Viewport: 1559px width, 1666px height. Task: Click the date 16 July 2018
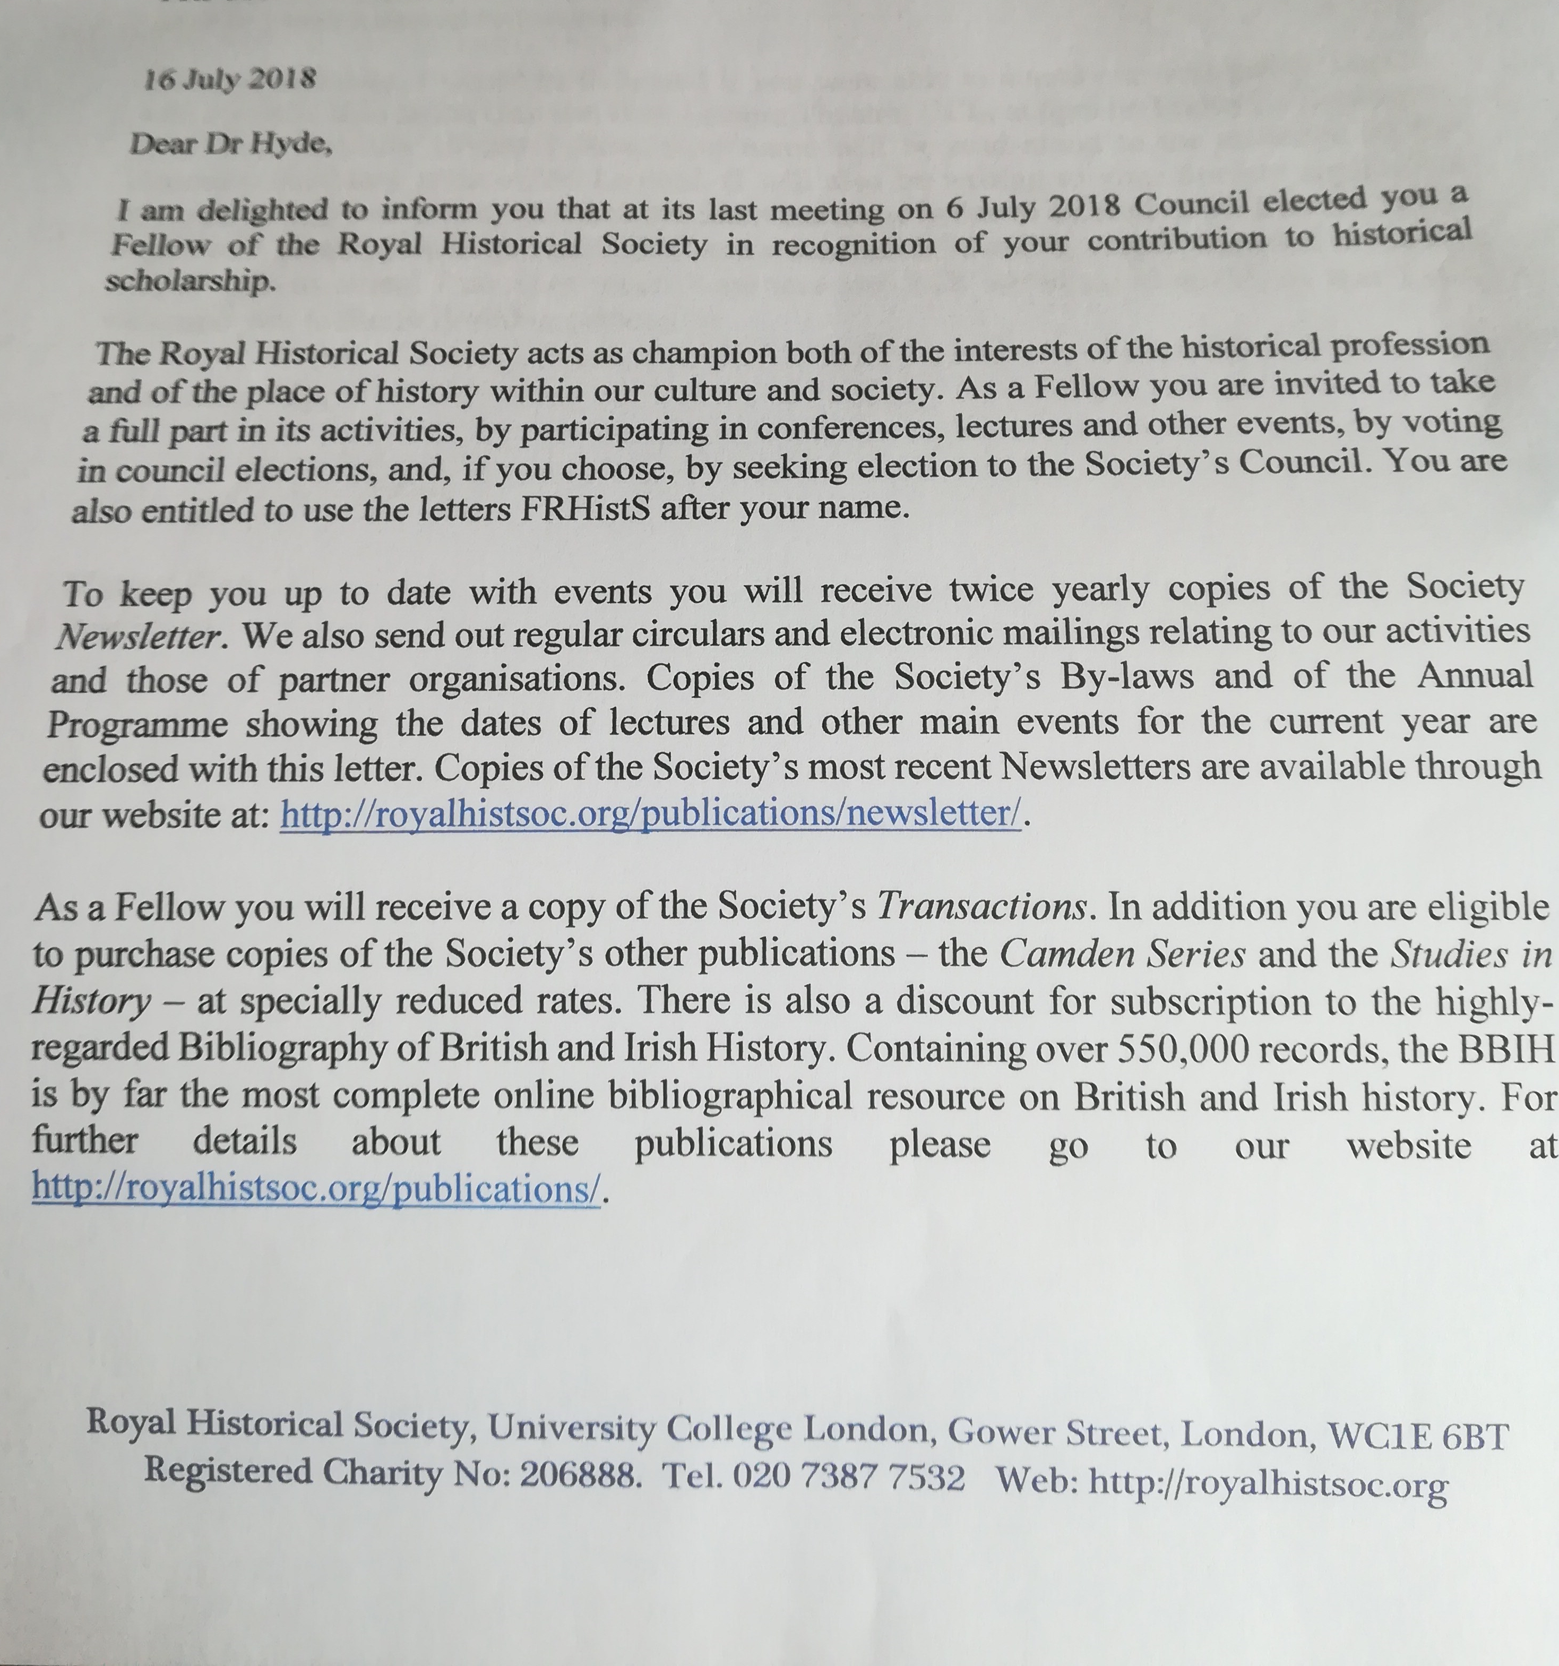tap(229, 80)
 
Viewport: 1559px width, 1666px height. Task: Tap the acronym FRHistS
tap(585, 508)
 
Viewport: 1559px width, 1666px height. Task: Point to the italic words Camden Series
tap(1123, 954)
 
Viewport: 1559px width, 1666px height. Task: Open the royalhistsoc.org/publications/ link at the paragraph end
tap(317, 1188)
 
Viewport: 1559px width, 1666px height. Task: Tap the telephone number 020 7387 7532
tap(849, 1478)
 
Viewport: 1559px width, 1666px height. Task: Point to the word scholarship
tap(190, 281)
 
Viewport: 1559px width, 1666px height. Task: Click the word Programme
tap(136, 724)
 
